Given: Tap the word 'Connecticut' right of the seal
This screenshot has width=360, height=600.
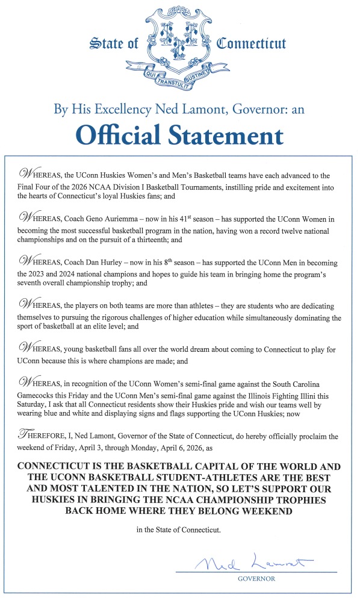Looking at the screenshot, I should (251, 44).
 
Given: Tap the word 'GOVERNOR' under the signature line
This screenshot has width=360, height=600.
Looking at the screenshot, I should (256, 578).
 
